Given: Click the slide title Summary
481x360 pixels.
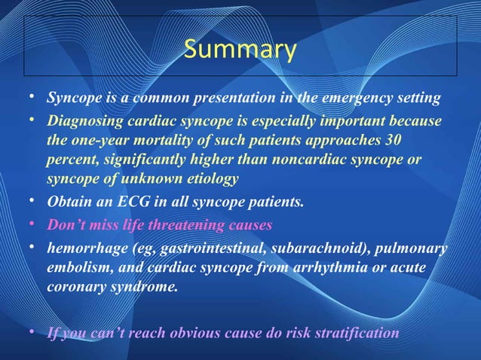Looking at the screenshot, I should (240, 50).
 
